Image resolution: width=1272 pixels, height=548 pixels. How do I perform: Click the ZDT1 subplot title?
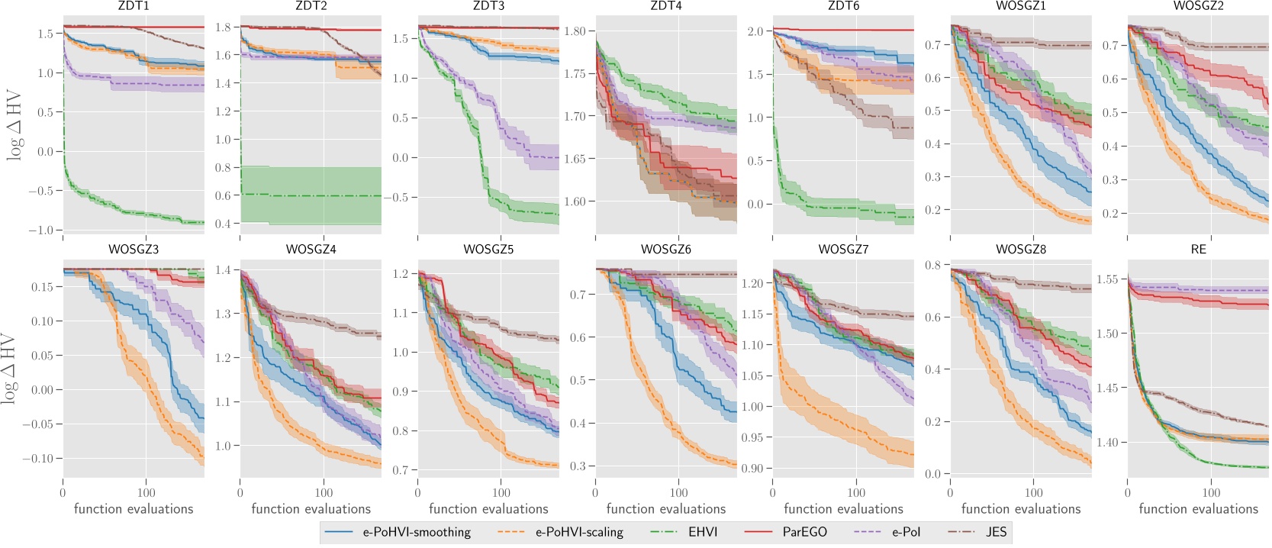[x=133, y=6]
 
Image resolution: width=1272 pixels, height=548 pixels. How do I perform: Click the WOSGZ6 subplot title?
[x=665, y=250]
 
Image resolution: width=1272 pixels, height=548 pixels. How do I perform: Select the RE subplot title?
[x=1198, y=250]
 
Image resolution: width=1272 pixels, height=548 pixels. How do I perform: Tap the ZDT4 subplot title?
[x=665, y=6]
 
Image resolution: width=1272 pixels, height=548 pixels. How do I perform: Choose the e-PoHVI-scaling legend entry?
[x=579, y=532]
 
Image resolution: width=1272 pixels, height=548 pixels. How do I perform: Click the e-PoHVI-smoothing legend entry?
[x=417, y=532]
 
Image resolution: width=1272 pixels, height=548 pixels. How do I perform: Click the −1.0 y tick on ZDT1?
[x=44, y=230]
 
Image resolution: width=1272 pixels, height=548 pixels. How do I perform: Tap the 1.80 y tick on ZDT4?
[x=575, y=31]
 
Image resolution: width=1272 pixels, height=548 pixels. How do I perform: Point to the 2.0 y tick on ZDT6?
[x=755, y=31]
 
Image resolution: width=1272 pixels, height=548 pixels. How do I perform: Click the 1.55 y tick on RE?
[x=1106, y=279]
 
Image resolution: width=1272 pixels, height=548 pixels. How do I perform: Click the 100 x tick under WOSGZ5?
[x=501, y=493]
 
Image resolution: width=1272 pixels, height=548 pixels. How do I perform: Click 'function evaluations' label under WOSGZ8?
[x=1020, y=509]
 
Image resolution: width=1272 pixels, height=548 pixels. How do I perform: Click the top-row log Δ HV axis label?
[x=14, y=126]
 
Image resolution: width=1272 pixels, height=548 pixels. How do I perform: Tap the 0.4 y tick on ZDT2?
[x=223, y=224]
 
